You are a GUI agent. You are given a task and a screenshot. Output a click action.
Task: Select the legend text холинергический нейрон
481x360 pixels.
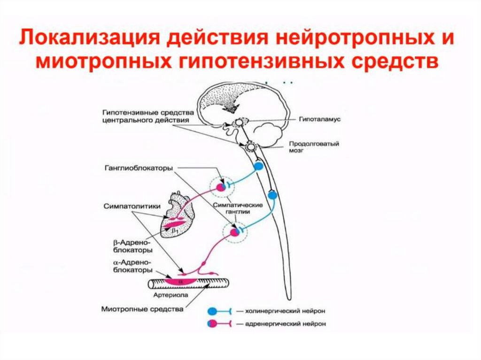[279, 311]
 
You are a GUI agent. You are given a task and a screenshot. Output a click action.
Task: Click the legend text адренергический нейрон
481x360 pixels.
[280, 324]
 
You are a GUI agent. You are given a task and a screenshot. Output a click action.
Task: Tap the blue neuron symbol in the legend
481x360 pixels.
[214, 311]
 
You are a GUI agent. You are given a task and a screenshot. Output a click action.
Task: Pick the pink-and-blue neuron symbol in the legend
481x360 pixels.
[214, 324]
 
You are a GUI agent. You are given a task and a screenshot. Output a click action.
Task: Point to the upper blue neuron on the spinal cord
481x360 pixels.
[258, 166]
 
